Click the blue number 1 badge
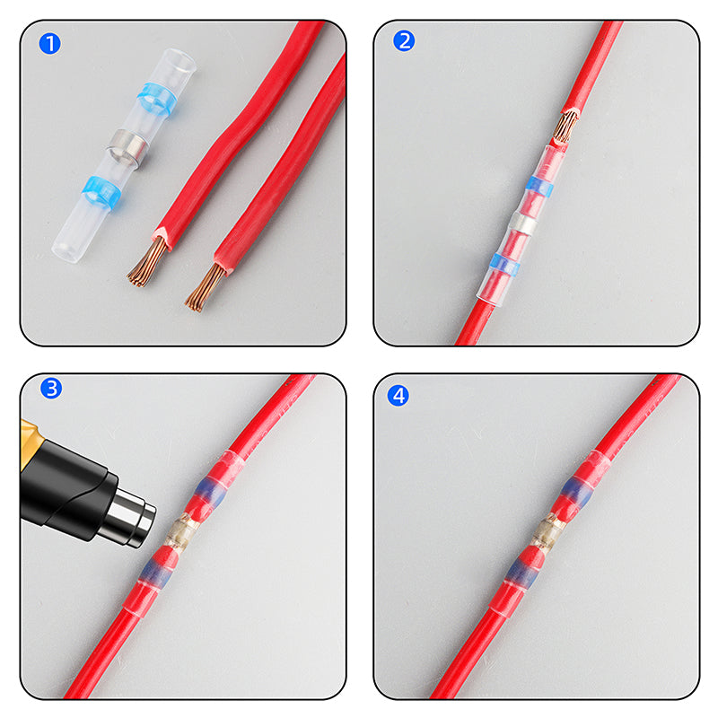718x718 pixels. (x=50, y=42)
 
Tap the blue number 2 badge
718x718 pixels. (x=404, y=40)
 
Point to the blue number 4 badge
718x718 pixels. (x=398, y=395)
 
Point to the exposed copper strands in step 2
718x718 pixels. (x=565, y=127)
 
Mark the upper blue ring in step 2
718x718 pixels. (x=540, y=187)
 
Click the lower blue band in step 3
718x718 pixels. (x=160, y=570)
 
